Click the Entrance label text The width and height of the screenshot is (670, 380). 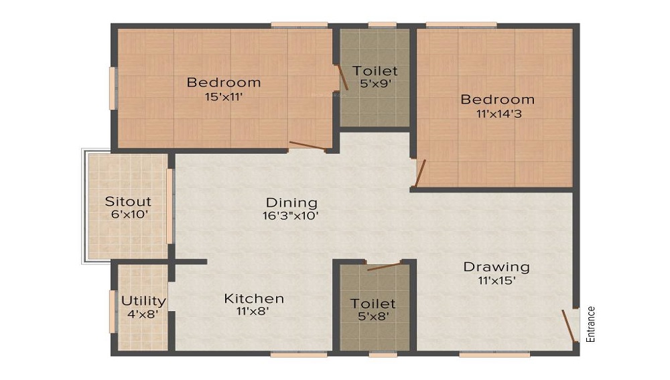590,324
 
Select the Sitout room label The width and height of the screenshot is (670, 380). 128,201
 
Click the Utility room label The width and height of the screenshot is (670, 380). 143,300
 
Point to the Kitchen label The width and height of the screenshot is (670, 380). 254,298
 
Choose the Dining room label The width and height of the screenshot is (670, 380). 291,202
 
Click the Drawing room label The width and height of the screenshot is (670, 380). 496,267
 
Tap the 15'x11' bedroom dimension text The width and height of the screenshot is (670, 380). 223,96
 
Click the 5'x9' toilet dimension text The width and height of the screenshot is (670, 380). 375,84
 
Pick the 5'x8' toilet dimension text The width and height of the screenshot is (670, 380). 373,317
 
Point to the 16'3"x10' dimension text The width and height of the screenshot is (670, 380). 291,215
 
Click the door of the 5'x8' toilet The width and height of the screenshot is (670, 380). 384,266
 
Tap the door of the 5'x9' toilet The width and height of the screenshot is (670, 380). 342,78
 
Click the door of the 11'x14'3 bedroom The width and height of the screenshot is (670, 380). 419,173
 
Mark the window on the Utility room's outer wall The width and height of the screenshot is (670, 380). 113,311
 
